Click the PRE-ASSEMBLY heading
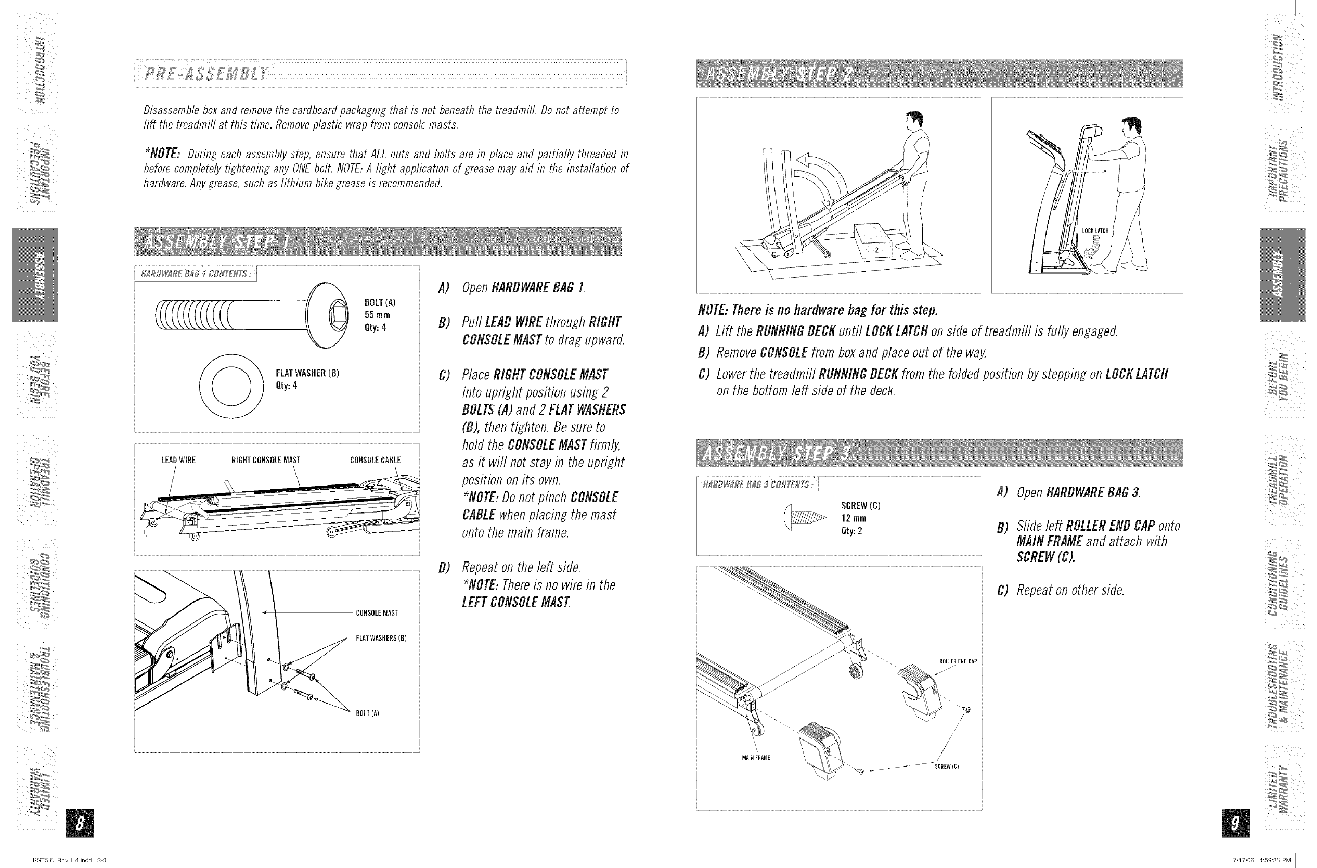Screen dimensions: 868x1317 pos(206,73)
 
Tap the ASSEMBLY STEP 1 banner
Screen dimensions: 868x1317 pos(216,242)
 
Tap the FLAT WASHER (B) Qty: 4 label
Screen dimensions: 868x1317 pos(307,379)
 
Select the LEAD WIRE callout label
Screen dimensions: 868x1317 pos(178,460)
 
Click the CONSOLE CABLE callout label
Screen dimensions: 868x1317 pos(375,460)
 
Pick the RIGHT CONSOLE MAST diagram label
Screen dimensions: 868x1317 pos(266,460)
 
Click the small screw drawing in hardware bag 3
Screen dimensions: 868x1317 pos(804,518)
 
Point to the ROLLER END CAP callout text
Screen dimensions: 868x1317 pos(959,661)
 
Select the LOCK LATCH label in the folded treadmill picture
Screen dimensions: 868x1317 pos(1095,231)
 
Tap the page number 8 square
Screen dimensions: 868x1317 pos(80,824)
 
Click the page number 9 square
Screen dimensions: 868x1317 pos(1233,824)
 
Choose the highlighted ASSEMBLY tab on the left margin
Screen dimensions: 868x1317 pos(35,275)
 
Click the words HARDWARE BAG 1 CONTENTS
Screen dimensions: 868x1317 pos(197,274)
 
